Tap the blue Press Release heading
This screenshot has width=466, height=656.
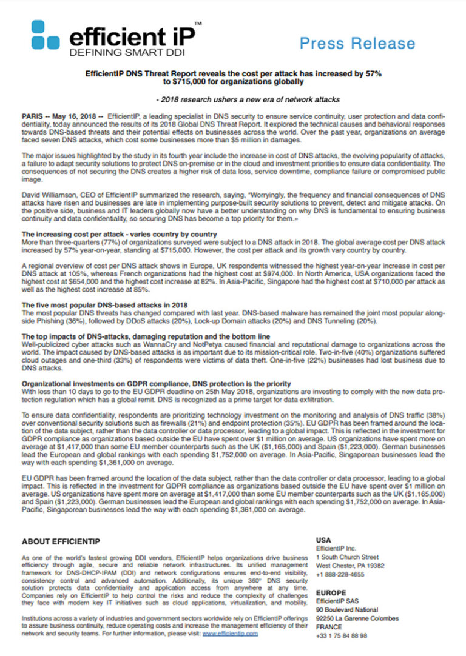pyautogui.click(x=357, y=43)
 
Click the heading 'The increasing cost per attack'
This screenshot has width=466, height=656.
pyautogui.click(x=119, y=234)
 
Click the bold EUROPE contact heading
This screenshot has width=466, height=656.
pyautogui.click(x=331, y=592)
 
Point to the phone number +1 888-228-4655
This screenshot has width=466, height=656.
pyautogui.click(x=340, y=574)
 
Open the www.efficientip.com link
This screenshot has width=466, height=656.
pyautogui.click(x=230, y=633)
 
